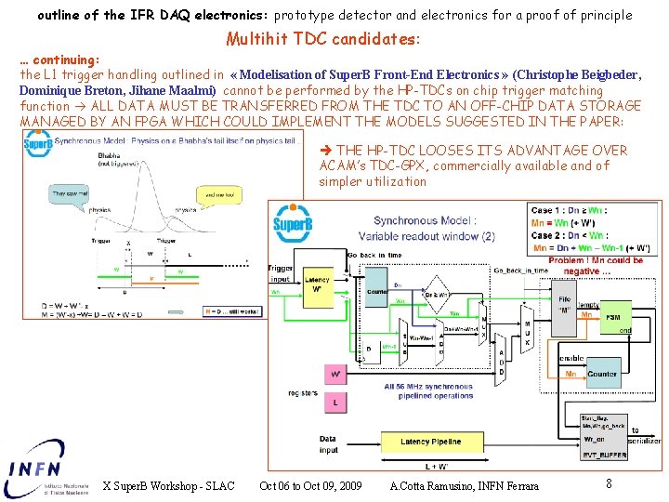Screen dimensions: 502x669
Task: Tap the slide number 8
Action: [609, 483]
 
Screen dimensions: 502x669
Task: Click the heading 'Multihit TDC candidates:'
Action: [323, 39]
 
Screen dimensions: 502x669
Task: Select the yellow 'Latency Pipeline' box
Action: [429, 443]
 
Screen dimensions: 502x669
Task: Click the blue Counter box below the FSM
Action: [602, 374]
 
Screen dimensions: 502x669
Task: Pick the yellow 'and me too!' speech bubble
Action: [216, 195]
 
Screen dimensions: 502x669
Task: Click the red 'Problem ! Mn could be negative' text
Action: [595, 267]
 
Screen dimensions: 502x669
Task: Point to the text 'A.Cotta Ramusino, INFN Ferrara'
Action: [464, 486]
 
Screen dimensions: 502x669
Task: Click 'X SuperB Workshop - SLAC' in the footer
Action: [168, 486]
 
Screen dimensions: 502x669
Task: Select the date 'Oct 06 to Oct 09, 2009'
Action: [311, 486]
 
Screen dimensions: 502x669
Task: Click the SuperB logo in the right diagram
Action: [292, 224]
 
